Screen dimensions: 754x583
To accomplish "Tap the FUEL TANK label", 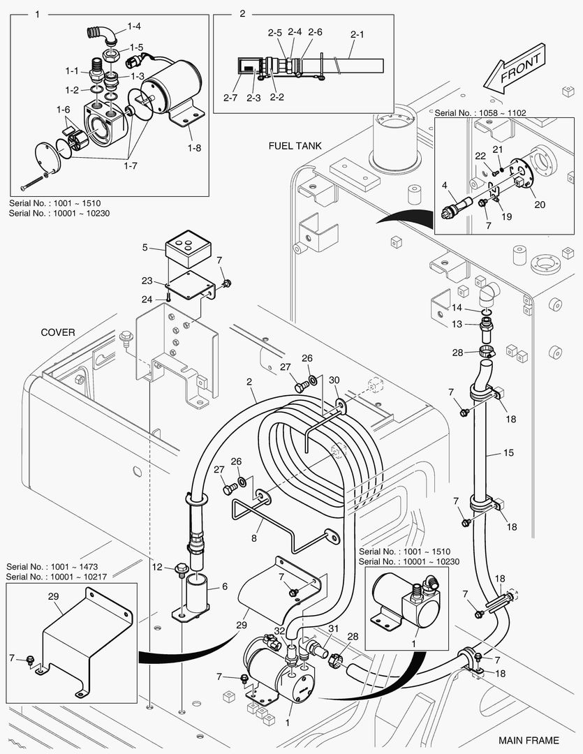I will [295, 146].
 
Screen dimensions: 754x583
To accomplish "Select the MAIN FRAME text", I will [529, 740].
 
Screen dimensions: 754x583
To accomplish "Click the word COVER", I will [57, 332].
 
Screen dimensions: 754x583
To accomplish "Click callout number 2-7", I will [230, 98].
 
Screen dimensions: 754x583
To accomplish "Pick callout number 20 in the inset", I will [540, 205].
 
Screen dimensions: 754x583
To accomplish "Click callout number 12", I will [158, 566].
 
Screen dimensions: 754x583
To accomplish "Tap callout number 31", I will [334, 629].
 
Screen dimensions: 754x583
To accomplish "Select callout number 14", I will [457, 307].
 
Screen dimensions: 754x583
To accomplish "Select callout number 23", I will [147, 281].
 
